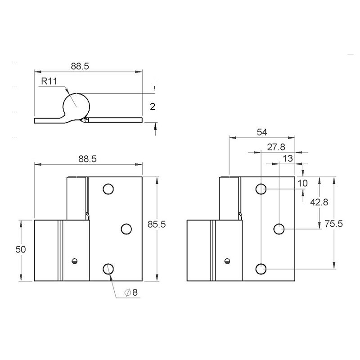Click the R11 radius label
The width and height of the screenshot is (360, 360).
point(49,81)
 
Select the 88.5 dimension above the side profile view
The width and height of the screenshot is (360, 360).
point(81,66)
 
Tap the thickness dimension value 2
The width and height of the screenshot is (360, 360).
point(152,107)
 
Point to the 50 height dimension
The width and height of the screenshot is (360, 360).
point(21,250)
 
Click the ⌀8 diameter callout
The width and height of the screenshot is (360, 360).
point(131,292)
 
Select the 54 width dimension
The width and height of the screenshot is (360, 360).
point(262,132)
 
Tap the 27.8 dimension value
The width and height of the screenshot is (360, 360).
point(276,147)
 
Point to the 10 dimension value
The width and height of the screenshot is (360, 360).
point(302,183)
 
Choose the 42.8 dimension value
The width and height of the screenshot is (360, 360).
point(319,202)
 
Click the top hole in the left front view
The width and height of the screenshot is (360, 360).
point(108,189)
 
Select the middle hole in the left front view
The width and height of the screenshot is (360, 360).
point(126,229)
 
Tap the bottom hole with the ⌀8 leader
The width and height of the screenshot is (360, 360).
point(108,269)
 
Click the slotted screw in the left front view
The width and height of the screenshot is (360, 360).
point(75,260)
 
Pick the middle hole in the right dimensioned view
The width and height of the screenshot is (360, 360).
point(279,229)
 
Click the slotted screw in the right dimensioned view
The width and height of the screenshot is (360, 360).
point(228,260)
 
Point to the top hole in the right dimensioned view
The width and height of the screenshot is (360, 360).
point(261,189)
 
